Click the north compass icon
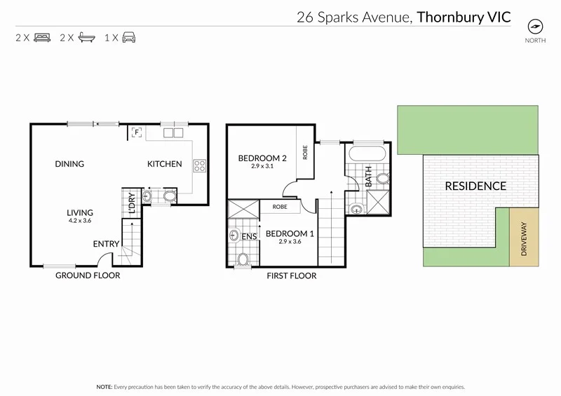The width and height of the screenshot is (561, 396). click(536, 27)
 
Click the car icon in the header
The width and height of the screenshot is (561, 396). click(128, 38)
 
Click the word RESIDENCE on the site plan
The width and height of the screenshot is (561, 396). click(475, 186)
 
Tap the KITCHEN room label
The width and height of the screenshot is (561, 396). click(164, 164)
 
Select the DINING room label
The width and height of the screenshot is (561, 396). click(69, 164)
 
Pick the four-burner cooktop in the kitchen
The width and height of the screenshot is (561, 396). click(199, 166)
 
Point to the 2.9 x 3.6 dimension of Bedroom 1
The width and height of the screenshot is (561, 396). click(290, 242)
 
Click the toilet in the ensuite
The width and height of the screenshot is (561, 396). click(243, 259)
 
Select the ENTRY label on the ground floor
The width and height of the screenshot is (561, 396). click(106, 244)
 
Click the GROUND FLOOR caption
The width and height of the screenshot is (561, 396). click(88, 275)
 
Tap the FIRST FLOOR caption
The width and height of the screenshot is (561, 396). click(292, 275)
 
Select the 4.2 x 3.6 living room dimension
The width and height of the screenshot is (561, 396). click(80, 221)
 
